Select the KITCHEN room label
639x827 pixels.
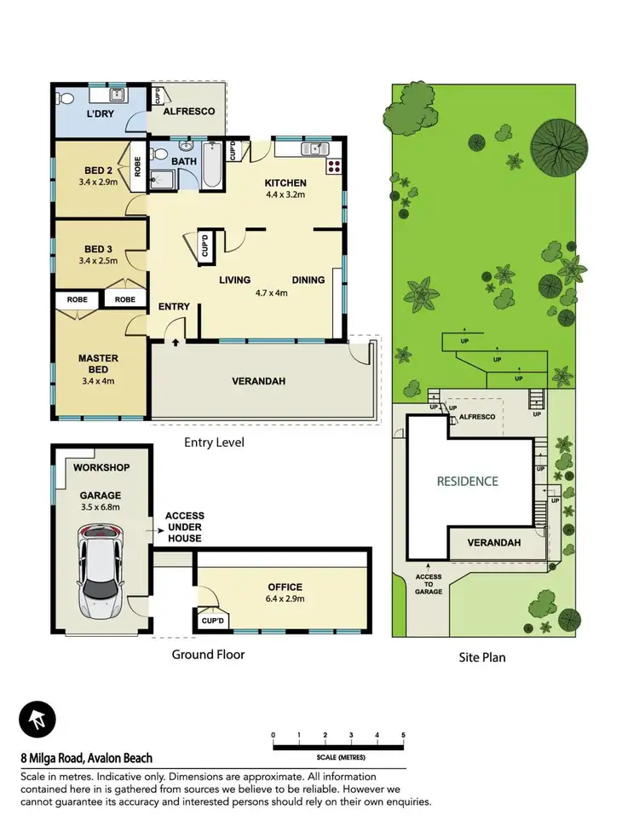click(285, 183)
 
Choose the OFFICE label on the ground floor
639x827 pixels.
click(284, 587)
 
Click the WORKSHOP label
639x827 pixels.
click(101, 468)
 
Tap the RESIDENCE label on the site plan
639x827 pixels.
click(467, 481)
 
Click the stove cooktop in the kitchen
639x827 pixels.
click(334, 166)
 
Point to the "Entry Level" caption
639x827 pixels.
click(214, 442)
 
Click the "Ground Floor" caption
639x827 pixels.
click(208, 655)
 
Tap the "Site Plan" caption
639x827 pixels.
click(482, 657)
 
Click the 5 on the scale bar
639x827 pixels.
click(403, 735)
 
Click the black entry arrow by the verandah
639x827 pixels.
click(176, 343)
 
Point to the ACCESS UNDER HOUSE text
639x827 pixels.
click(184, 527)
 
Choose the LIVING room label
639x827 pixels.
click(234, 280)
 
